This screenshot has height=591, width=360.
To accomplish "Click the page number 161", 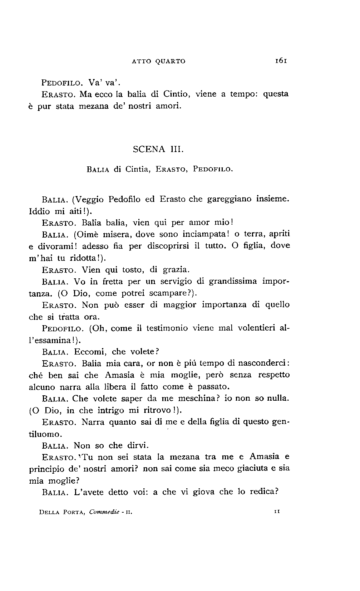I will [x=281, y=61].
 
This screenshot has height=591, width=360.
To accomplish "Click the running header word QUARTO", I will [x=171, y=61].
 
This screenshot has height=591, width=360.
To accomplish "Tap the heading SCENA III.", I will [x=158, y=149].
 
